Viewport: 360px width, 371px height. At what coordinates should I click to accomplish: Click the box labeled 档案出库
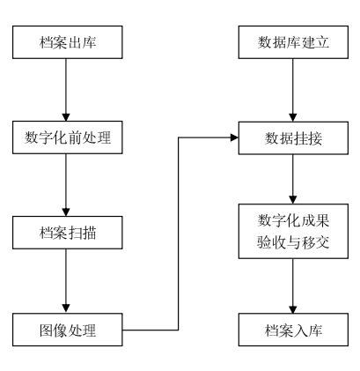pos(68,42)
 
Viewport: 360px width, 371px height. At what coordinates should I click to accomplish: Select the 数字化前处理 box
pos(68,137)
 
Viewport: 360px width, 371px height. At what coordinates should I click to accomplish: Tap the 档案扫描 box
pos(68,233)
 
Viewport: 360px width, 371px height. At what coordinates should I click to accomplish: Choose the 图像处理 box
pos(68,330)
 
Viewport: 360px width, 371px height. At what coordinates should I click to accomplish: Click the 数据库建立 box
pos(293,42)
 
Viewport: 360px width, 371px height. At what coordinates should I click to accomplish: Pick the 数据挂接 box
pos(293,137)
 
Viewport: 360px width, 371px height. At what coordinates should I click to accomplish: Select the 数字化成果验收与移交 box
pos(293,231)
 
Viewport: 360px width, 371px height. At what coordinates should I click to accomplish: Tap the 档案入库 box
pos(293,330)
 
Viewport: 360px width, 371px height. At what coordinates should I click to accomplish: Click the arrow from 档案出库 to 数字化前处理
pos(66,90)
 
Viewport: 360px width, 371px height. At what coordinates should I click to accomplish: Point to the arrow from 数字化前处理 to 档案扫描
pos(66,185)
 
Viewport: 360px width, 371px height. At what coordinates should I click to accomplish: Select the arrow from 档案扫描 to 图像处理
pos(66,281)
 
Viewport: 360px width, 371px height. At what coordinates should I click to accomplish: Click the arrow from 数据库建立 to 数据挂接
pos(293,90)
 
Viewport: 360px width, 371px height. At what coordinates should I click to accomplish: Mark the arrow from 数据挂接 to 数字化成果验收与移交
pos(293,179)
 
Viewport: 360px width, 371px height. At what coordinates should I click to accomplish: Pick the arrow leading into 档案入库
pos(293,286)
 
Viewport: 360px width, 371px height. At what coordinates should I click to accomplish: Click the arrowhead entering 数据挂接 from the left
pos(234,137)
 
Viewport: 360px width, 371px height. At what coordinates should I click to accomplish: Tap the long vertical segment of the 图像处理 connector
pos(179,234)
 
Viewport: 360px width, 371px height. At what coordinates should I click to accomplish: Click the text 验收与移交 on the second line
pos(293,242)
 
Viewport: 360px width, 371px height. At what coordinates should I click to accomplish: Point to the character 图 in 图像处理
pos(47,330)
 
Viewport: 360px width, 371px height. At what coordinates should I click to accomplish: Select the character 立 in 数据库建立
pos(322,42)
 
